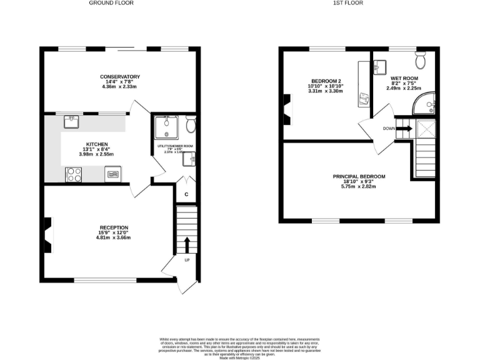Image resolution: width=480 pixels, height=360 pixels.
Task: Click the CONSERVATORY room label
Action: (x=120, y=77)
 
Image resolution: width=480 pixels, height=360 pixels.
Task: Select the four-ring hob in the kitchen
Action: (x=74, y=175)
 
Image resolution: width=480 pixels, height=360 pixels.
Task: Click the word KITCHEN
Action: (x=97, y=143)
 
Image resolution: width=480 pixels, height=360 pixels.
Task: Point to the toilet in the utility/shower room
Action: (x=190, y=126)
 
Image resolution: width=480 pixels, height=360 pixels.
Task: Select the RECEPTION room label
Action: (x=114, y=227)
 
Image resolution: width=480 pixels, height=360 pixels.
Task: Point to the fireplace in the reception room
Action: (x=47, y=233)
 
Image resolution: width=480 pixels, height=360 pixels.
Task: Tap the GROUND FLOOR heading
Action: (x=111, y=3)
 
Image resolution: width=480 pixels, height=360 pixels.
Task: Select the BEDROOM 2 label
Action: (x=326, y=81)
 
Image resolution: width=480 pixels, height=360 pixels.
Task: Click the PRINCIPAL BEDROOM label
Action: (x=359, y=177)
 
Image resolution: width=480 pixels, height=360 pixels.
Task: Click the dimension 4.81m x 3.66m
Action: (x=114, y=237)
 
